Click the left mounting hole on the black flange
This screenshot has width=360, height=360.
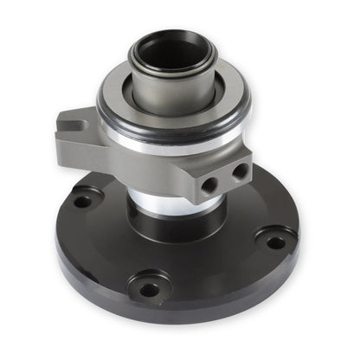[83, 202]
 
